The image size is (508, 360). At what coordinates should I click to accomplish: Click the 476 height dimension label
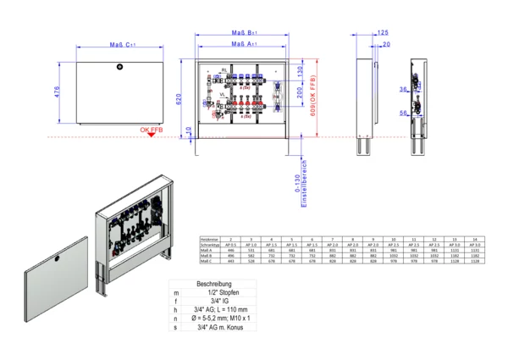click(x=56, y=91)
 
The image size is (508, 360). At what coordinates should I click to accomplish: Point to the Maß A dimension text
click(x=245, y=44)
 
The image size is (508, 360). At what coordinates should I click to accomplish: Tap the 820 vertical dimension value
click(x=179, y=99)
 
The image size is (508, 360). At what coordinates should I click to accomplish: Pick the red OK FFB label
click(x=152, y=129)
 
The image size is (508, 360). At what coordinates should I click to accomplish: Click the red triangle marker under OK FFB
click(x=151, y=136)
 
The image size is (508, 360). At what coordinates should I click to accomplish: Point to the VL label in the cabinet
click(x=223, y=96)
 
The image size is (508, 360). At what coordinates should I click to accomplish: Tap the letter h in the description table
click(x=174, y=309)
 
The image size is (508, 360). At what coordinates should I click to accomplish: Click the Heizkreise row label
click(x=210, y=240)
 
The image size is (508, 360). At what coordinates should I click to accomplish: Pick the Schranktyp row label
click(x=210, y=246)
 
